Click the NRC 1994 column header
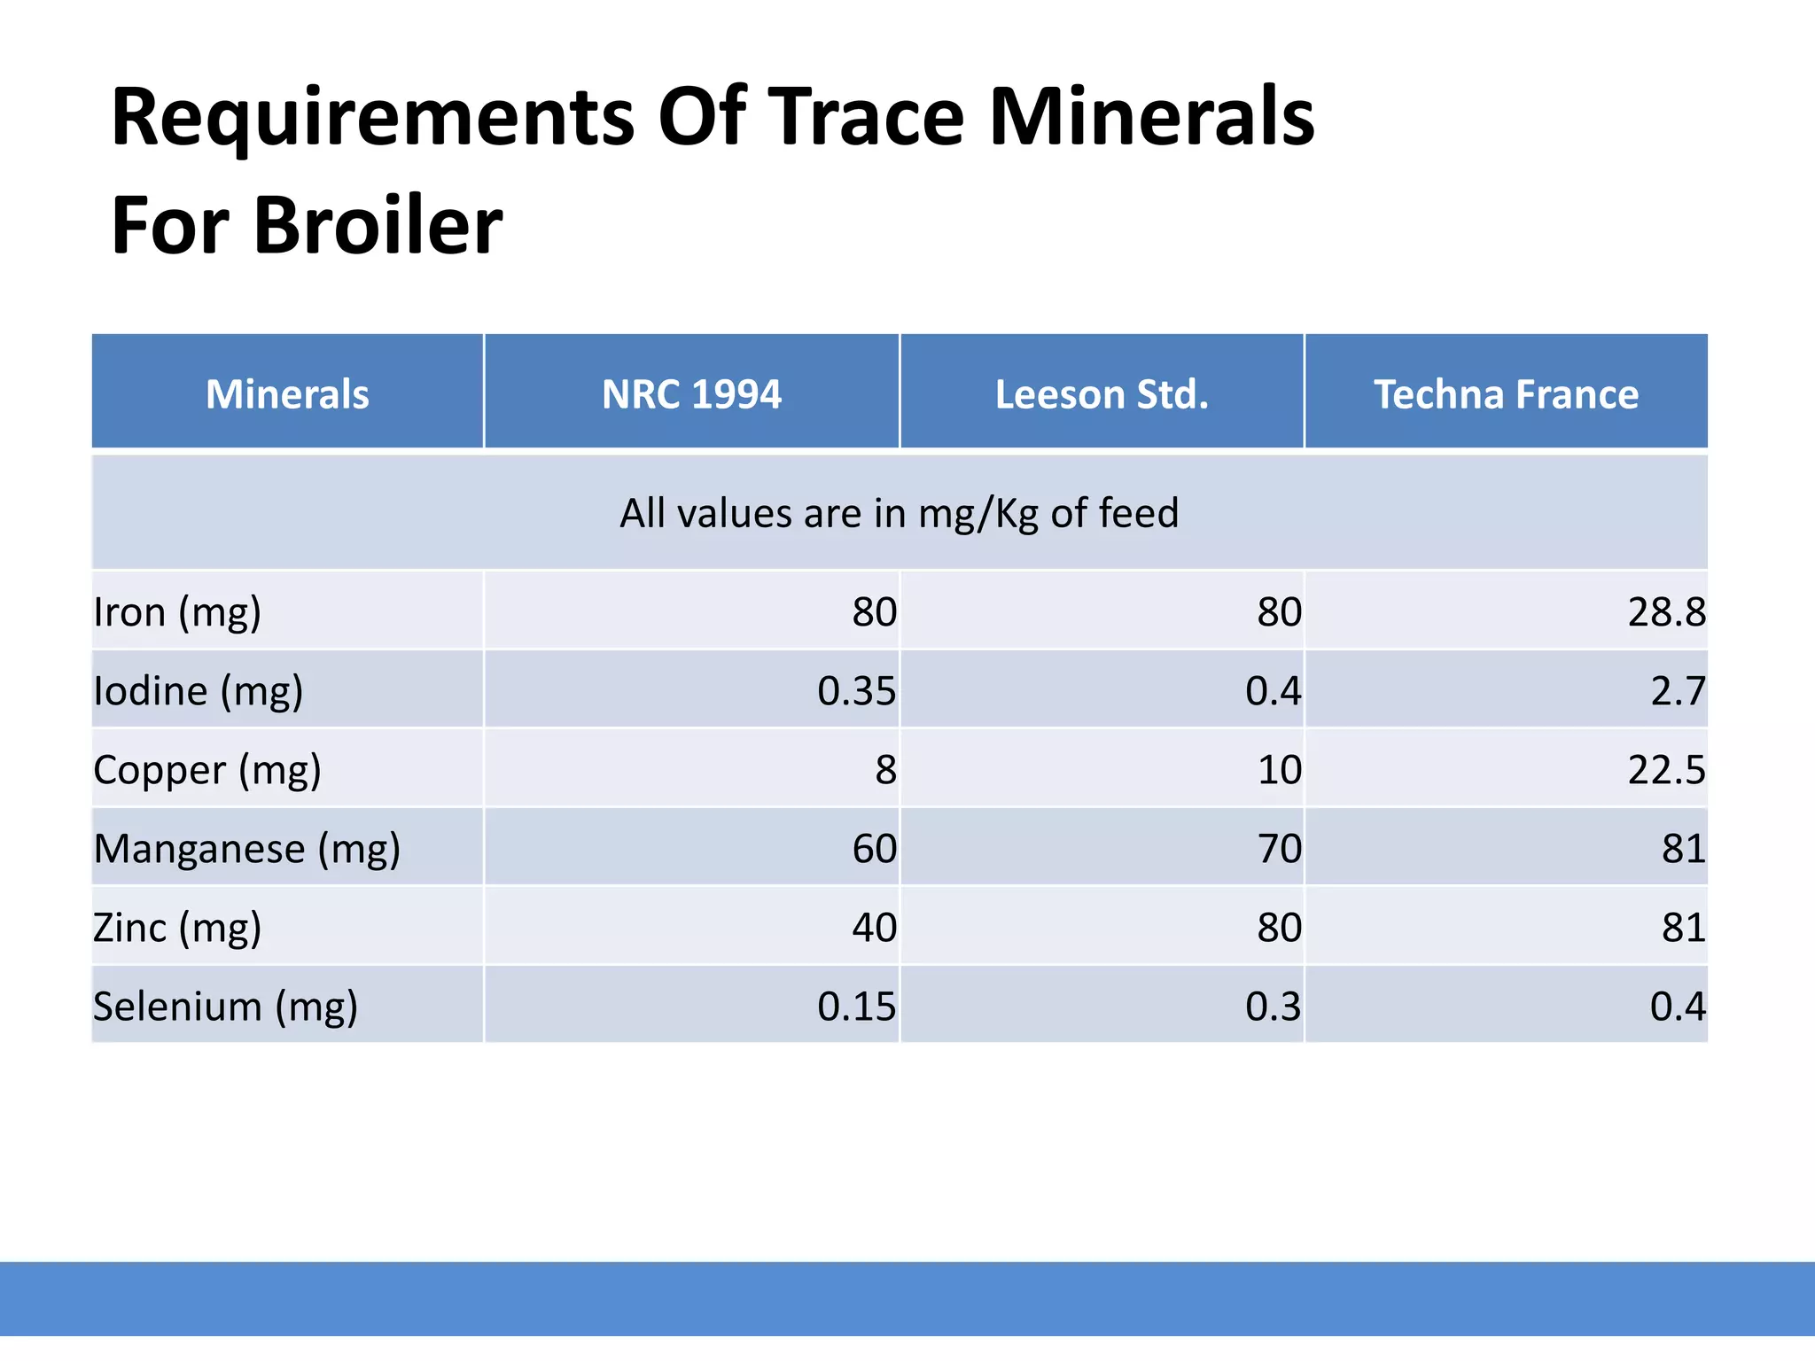[x=691, y=394]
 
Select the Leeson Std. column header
[x=1102, y=394]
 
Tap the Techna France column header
[x=1506, y=394]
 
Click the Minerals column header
[x=287, y=394]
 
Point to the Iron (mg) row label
[x=177, y=612]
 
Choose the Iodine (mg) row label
[x=199, y=691]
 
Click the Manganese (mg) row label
[x=247, y=849]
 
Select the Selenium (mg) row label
[x=225, y=1007]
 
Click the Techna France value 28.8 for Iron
[x=1666, y=612]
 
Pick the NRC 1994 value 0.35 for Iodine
[x=856, y=691]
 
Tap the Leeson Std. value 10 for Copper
[x=1279, y=770]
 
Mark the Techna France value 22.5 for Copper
[x=1666, y=770]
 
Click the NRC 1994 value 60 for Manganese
[x=874, y=849]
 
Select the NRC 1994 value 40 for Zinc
[x=874, y=928]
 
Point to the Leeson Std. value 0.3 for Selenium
[x=1273, y=1007]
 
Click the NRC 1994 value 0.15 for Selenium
[x=856, y=1007]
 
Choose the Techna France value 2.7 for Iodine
[x=1678, y=691]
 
